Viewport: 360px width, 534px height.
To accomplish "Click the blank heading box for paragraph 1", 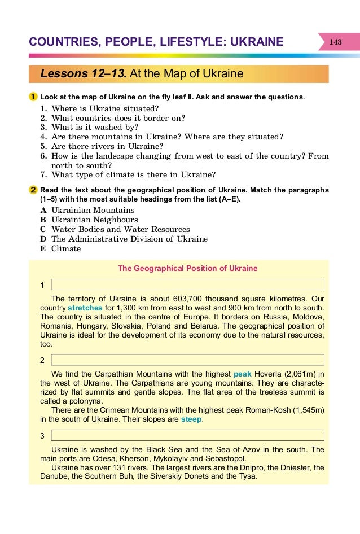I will point(187,284).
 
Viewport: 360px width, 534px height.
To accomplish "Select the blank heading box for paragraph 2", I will point(187,360).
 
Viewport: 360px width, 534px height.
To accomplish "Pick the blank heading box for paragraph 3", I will point(187,435).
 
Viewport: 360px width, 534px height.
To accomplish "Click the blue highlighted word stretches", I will point(85,308).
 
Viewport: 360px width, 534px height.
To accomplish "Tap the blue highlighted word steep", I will point(191,420).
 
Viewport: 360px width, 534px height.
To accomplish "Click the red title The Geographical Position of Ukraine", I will point(187,268).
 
